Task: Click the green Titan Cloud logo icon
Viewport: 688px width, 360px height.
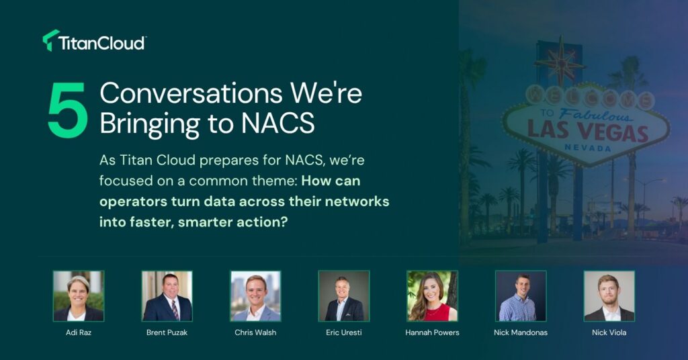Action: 50,40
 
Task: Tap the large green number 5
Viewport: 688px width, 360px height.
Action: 68,111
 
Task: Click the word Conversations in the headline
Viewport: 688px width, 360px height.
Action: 191,93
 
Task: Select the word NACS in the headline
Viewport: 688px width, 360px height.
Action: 277,123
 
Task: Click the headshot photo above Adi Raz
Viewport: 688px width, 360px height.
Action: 79,296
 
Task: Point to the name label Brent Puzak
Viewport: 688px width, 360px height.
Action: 167,332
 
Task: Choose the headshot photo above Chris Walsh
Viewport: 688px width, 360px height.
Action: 255,296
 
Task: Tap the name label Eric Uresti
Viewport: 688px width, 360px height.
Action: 343,332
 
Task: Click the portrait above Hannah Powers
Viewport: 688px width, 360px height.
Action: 432,296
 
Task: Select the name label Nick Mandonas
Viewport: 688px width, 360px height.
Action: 521,332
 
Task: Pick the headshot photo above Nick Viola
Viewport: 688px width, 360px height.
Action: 609,296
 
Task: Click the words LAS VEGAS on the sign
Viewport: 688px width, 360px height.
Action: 587,132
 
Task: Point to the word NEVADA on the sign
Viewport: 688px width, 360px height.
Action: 587,148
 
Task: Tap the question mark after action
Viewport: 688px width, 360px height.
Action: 284,222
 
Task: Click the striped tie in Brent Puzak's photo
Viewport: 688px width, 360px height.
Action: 175,310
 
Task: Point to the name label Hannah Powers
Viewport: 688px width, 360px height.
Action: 432,332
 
